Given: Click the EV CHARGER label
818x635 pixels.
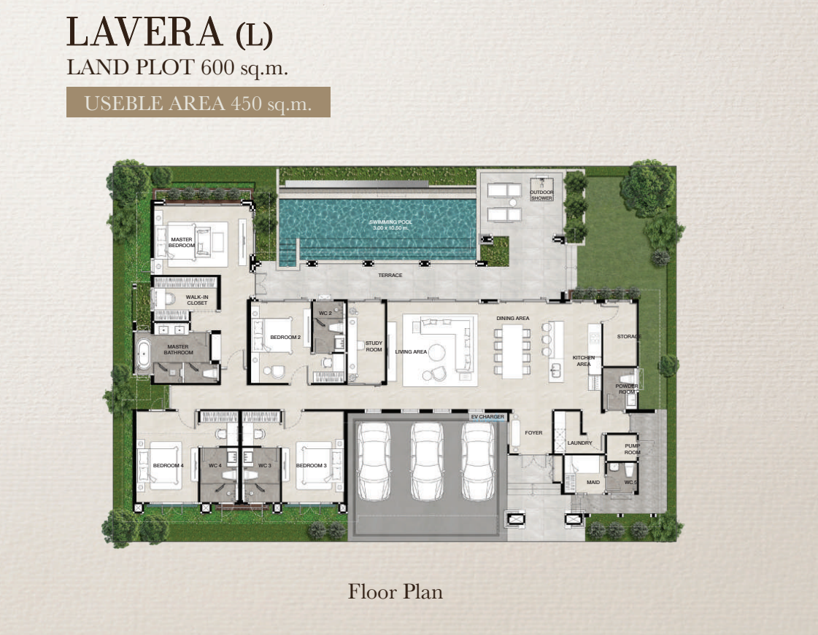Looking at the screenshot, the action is (487, 416).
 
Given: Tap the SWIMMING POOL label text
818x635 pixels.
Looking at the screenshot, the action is (390, 222).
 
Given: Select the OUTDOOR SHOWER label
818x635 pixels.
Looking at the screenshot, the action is (541, 195).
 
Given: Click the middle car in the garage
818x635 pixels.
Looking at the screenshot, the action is (428, 461).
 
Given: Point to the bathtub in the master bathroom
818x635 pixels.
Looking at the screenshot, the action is (143, 354).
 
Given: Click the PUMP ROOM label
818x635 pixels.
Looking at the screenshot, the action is (632, 449).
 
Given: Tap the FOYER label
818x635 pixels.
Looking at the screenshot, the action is (533, 433).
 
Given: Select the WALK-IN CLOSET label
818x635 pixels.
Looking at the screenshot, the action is (197, 300).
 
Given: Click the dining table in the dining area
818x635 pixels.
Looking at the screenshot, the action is (512, 351).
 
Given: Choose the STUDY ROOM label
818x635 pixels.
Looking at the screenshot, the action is (374, 346).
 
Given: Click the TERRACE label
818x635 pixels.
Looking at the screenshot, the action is (390, 276).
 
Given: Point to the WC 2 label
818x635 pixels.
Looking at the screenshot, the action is (325, 313).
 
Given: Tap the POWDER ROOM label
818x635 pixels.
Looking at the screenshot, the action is (627, 389).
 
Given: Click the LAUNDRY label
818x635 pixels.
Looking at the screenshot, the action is (579, 443).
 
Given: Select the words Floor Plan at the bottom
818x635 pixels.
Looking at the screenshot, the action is (396, 592).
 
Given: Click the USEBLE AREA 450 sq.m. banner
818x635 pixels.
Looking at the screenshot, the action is (198, 102).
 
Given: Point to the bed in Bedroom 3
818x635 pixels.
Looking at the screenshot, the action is (314, 465).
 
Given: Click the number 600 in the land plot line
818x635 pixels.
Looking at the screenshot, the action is (217, 67).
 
